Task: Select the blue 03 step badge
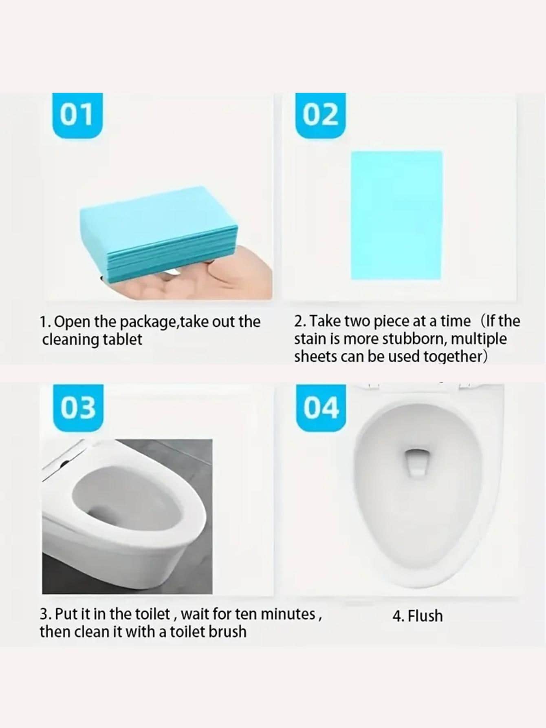[x=78, y=407]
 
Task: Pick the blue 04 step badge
[x=321, y=408]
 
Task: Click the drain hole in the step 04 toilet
[x=416, y=463]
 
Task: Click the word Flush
[x=425, y=616]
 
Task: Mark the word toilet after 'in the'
[x=152, y=614]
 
